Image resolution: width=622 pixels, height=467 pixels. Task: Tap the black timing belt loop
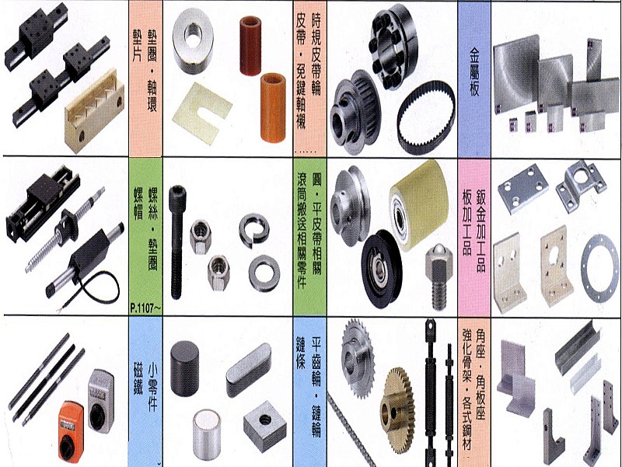pos(426,118)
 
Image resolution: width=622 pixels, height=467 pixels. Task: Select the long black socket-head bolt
pos(176,242)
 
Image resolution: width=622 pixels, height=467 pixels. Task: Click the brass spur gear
pos(398,410)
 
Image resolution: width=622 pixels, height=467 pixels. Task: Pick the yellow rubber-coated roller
pos(418,205)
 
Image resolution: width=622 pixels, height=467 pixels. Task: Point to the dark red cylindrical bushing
pos(250,40)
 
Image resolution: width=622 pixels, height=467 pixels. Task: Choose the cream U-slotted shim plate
pos(202,108)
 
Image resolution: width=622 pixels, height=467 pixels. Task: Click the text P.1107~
pos(145,308)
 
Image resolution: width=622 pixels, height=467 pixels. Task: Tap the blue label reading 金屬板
pos(474,72)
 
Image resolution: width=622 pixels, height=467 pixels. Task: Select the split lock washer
pos(254,230)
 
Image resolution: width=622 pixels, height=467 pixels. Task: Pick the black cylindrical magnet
pos(184,368)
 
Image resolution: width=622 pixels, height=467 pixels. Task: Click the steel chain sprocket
pos(357,359)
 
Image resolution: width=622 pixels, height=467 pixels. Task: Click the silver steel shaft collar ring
pos(193,40)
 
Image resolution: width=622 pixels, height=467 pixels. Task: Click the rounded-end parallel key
pos(249,370)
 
